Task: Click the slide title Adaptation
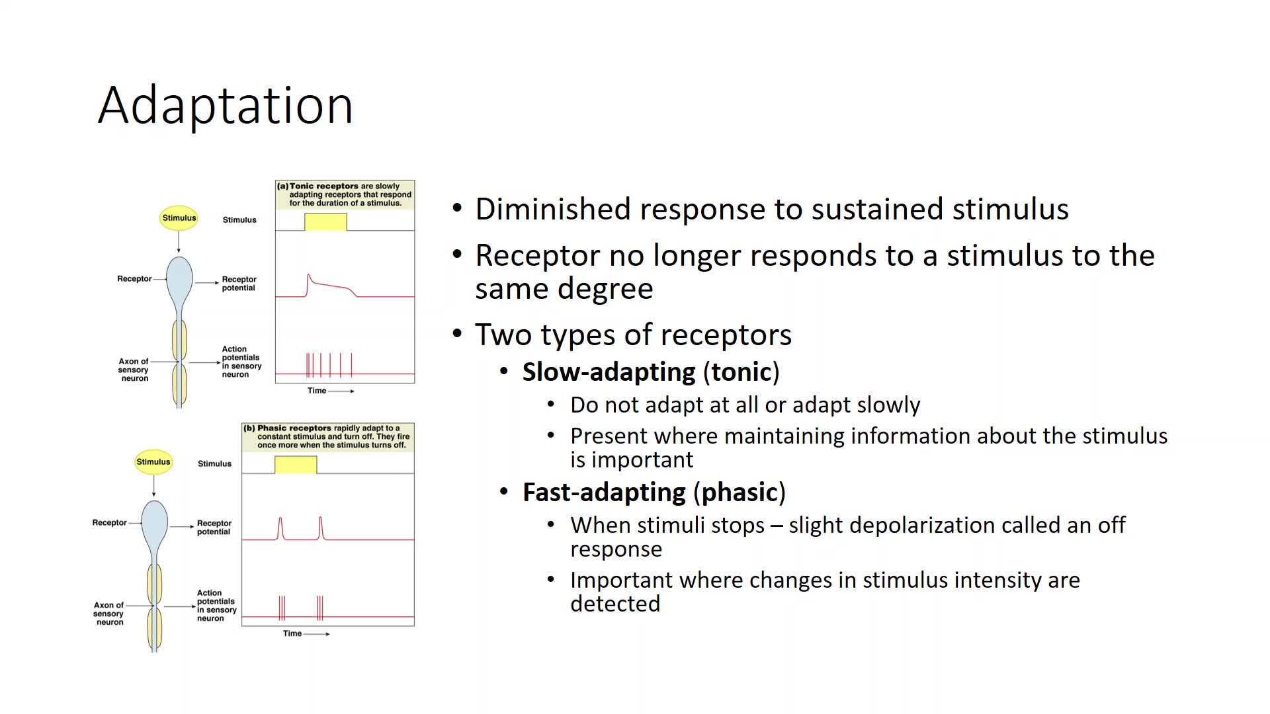[226, 106]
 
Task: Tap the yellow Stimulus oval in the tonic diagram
[179, 218]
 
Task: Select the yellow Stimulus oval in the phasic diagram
[153, 462]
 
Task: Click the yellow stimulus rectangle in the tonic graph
[325, 222]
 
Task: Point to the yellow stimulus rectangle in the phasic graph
[296, 465]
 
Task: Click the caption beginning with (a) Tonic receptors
[345, 195]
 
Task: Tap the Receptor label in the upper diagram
[134, 279]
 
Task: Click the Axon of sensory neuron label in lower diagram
[109, 614]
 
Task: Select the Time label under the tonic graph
[317, 391]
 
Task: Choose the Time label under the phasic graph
[292, 633]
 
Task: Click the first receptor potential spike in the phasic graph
[280, 528]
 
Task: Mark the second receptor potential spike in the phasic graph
[321, 528]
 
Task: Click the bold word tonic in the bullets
[741, 372]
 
